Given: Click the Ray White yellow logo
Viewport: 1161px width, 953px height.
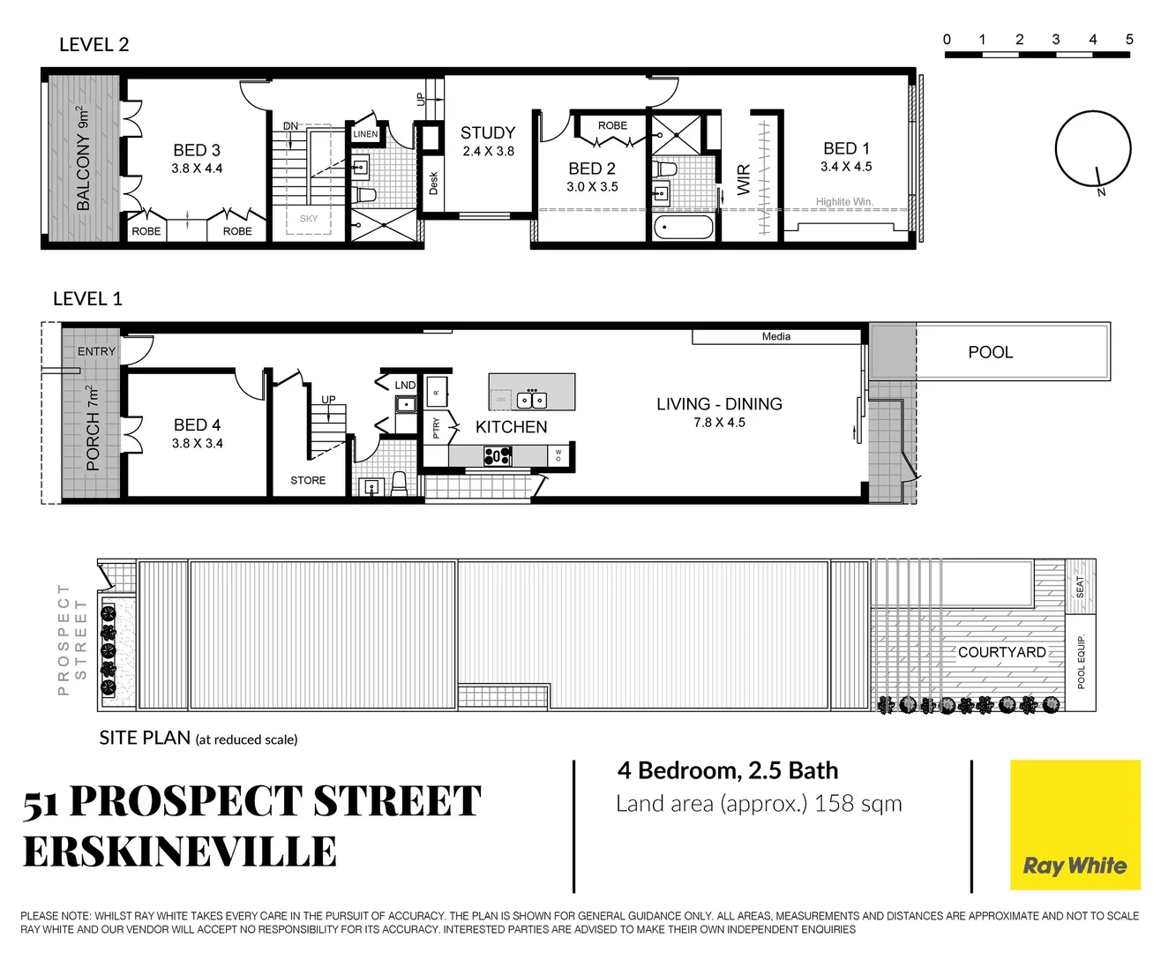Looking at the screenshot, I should tap(1075, 825).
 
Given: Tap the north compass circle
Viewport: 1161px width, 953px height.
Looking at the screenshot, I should tap(1093, 149).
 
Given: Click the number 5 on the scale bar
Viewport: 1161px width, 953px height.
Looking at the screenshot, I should tap(1129, 40).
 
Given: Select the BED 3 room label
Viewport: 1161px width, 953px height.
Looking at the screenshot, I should tap(197, 151).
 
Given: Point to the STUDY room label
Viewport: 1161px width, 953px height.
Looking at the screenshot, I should tap(488, 133).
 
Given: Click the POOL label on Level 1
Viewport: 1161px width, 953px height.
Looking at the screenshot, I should tap(990, 352).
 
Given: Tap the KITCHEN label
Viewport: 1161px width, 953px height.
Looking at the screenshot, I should tap(511, 427).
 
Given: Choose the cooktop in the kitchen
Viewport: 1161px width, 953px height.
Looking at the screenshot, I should tap(498, 456).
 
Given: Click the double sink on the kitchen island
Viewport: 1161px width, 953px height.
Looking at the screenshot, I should tap(532, 401).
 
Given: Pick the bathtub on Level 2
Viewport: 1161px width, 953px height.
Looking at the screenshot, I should tap(684, 229).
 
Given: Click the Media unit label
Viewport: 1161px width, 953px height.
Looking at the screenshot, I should tap(775, 336).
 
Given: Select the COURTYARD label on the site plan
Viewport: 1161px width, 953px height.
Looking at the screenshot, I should tap(1001, 652).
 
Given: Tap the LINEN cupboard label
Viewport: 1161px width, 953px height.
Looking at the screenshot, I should tap(365, 134).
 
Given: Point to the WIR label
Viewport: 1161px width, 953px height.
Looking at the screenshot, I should tap(744, 179).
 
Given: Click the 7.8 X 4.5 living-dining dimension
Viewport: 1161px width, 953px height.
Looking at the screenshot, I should tap(719, 423).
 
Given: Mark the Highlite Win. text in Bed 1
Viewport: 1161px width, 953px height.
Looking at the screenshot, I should tap(844, 202).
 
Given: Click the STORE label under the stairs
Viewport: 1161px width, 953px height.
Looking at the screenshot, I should tap(308, 480).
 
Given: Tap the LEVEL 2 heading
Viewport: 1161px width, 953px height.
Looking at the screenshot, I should tap(94, 45).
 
